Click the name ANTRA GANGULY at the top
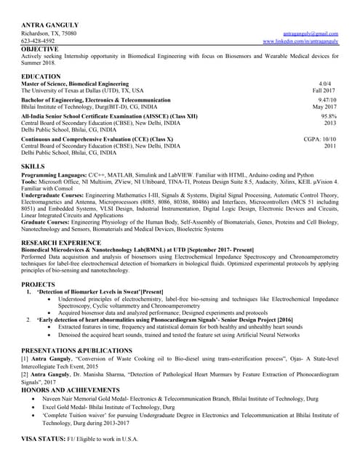tap(50, 25)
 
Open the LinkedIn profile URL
tap(300, 41)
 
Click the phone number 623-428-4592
tap(43, 41)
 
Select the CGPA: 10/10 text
tap(320, 139)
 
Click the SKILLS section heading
tap(33, 166)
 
